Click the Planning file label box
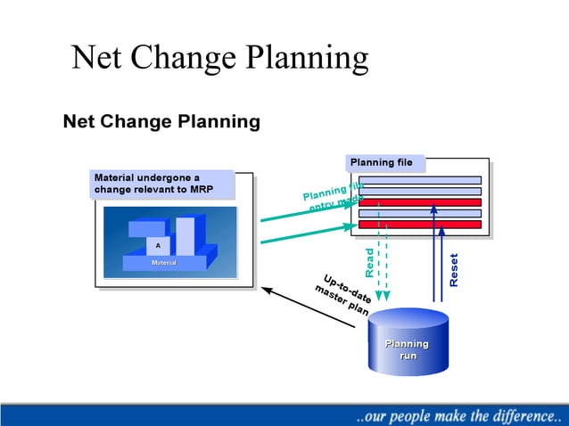[384, 163]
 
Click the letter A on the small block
[158, 244]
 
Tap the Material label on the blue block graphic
[163, 263]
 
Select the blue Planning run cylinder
[406, 343]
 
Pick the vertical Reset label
[454, 269]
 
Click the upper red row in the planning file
[419, 202]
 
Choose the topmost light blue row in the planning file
[419, 180]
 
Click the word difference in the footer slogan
[510, 415]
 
